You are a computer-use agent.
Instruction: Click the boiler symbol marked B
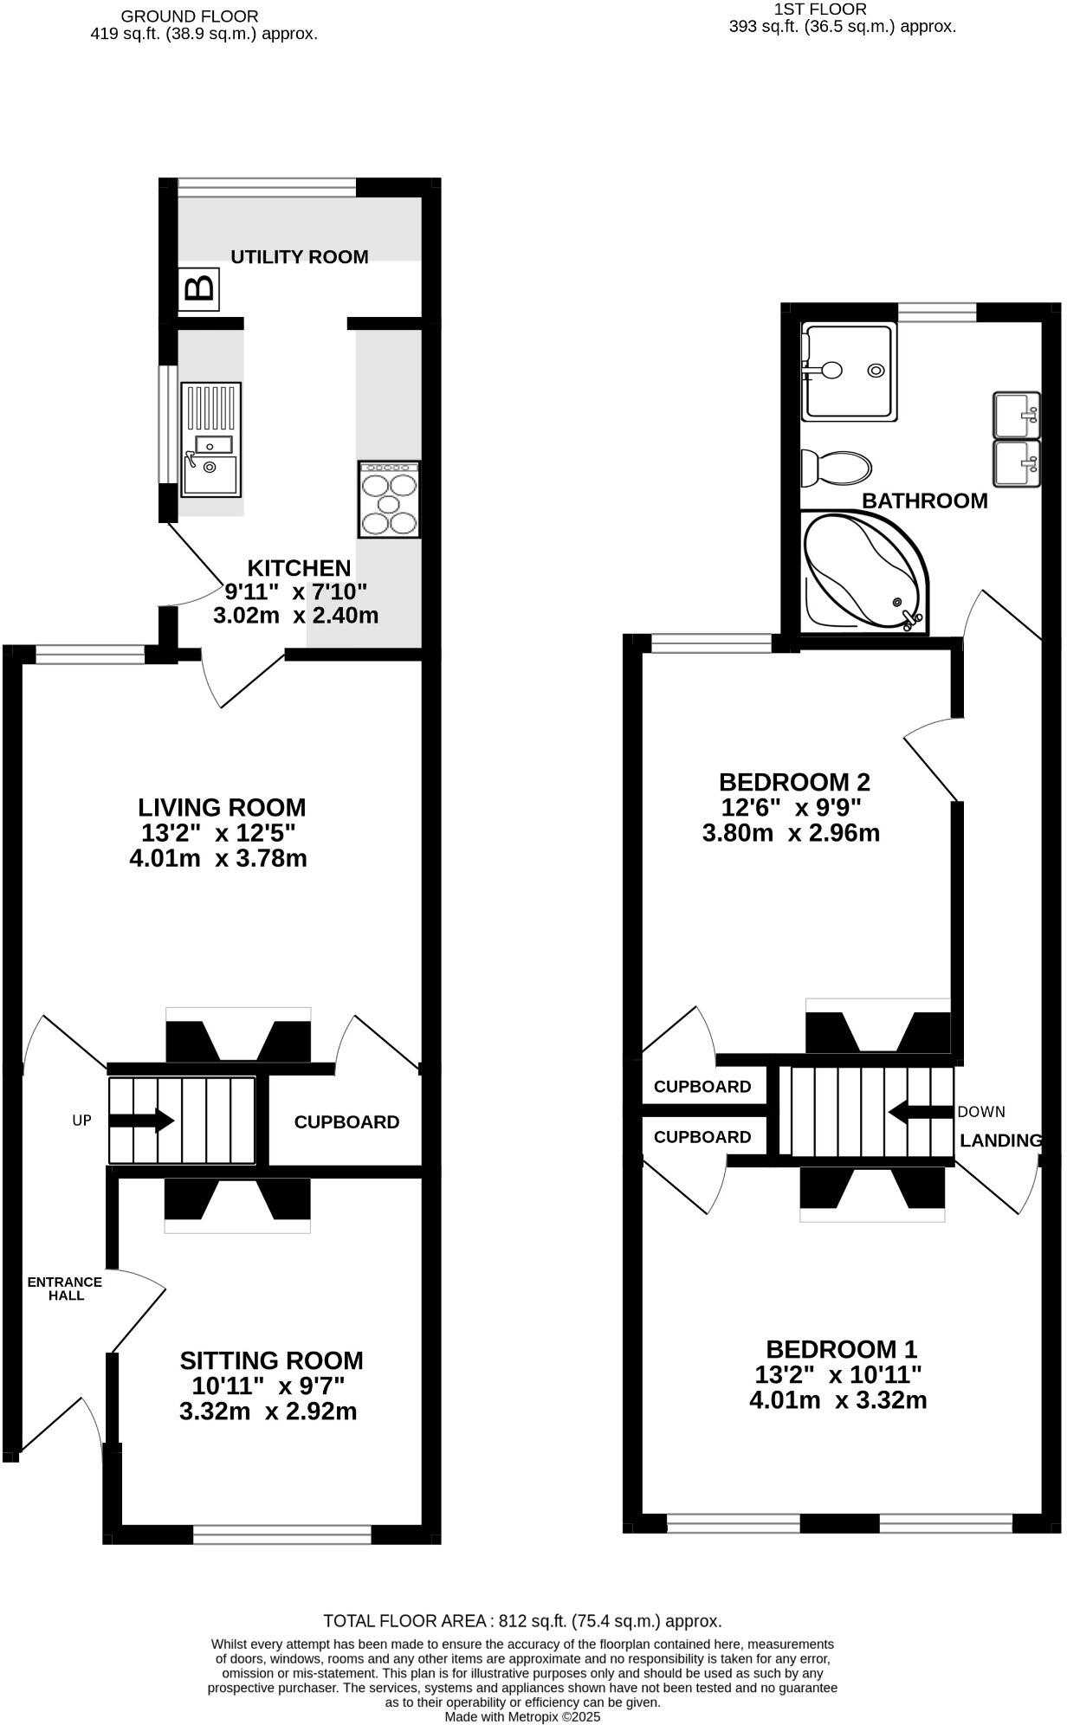[x=200, y=289]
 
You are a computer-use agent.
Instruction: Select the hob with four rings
[x=389, y=500]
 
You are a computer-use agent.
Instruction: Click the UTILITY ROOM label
[x=300, y=256]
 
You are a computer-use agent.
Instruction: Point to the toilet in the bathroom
[x=836, y=468]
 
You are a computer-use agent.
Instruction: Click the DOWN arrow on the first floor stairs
[x=921, y=1112]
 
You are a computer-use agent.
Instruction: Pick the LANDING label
[x=1000, y=1140]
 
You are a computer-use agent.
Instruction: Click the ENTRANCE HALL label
[x=65, y=1289]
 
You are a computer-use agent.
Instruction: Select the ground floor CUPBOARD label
[x=346, y=1122]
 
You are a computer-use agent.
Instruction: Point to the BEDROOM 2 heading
[x=794, y=782]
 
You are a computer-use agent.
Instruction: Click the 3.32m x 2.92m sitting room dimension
[x=268, y=1412]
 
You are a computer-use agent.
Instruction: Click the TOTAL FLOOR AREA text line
[x=522, y=1621]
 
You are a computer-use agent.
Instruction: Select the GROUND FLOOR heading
[x=190, y=16]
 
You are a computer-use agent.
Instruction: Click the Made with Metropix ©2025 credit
[x=522, y=1716]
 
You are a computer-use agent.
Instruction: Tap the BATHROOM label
[x=924, y=501]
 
